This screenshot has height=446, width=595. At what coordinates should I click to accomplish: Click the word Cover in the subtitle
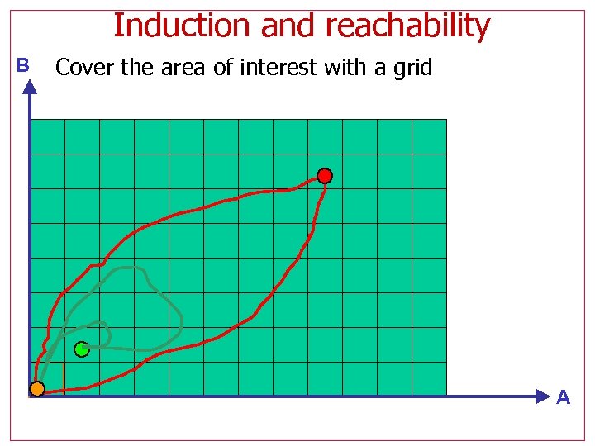[84, 67]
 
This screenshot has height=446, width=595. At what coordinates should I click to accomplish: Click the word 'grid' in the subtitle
[412, 67]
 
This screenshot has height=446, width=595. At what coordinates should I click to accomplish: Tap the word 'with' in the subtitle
[346, 67]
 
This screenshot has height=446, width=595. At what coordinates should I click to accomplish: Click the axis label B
[22, 65]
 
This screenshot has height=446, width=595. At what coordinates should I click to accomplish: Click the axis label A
[563, 397]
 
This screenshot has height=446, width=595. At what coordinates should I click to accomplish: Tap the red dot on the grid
[325, 176]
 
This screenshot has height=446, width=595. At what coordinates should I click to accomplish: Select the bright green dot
[81, 349]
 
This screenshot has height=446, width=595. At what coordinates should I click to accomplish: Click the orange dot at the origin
[37, 388]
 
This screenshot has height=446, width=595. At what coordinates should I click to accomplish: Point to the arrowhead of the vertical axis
[31, 87]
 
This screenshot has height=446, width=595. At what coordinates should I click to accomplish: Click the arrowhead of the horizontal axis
[542, 396]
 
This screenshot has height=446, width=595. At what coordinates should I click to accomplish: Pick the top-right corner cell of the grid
[429, 137]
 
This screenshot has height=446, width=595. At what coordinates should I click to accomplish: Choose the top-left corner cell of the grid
[48, 137]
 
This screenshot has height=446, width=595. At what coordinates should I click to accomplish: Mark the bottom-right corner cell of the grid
[429, 379]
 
